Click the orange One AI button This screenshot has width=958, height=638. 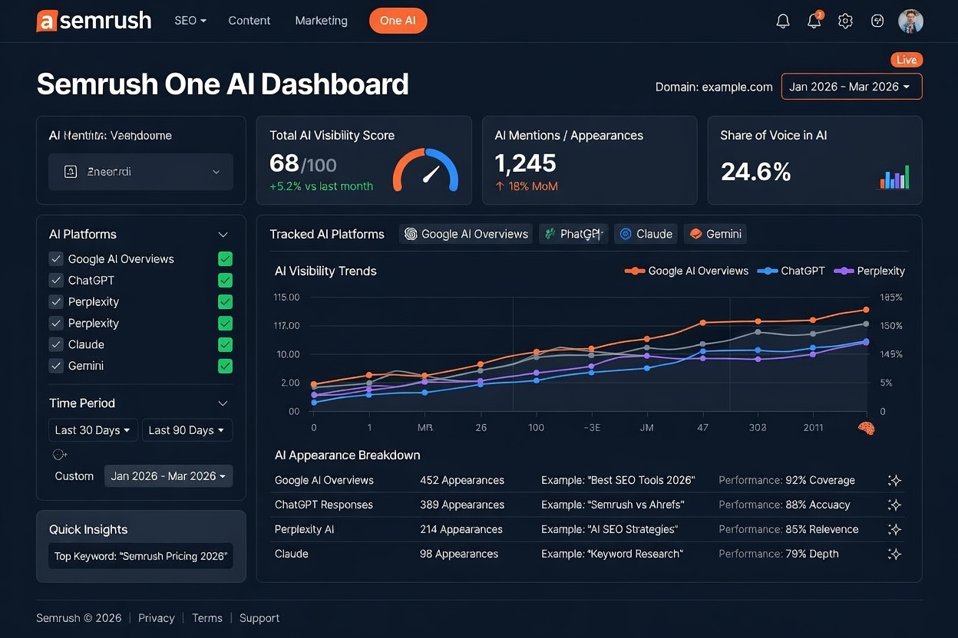point(398,21)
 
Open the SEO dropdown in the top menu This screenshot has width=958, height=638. point(190,21)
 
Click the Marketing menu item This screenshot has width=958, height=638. point(321,21)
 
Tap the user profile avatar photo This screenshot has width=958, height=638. point(910,21)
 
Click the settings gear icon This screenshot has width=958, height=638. point(845,21)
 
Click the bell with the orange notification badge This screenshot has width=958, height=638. point(814,21)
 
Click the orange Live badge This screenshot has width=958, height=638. point(907,60)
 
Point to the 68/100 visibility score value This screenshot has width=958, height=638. point(302,163)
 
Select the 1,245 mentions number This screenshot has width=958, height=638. point(525,163)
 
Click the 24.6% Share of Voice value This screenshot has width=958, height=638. point(755,172)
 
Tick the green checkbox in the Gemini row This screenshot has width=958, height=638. point(225,366)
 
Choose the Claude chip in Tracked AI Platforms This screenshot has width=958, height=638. point(646,234)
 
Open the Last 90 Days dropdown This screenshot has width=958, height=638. point(187,430)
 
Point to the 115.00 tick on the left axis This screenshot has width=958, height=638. point(286,298)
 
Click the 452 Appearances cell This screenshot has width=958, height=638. point(461,480)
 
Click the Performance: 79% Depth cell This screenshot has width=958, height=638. point(778,554)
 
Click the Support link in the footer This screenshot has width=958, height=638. point(259,618)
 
